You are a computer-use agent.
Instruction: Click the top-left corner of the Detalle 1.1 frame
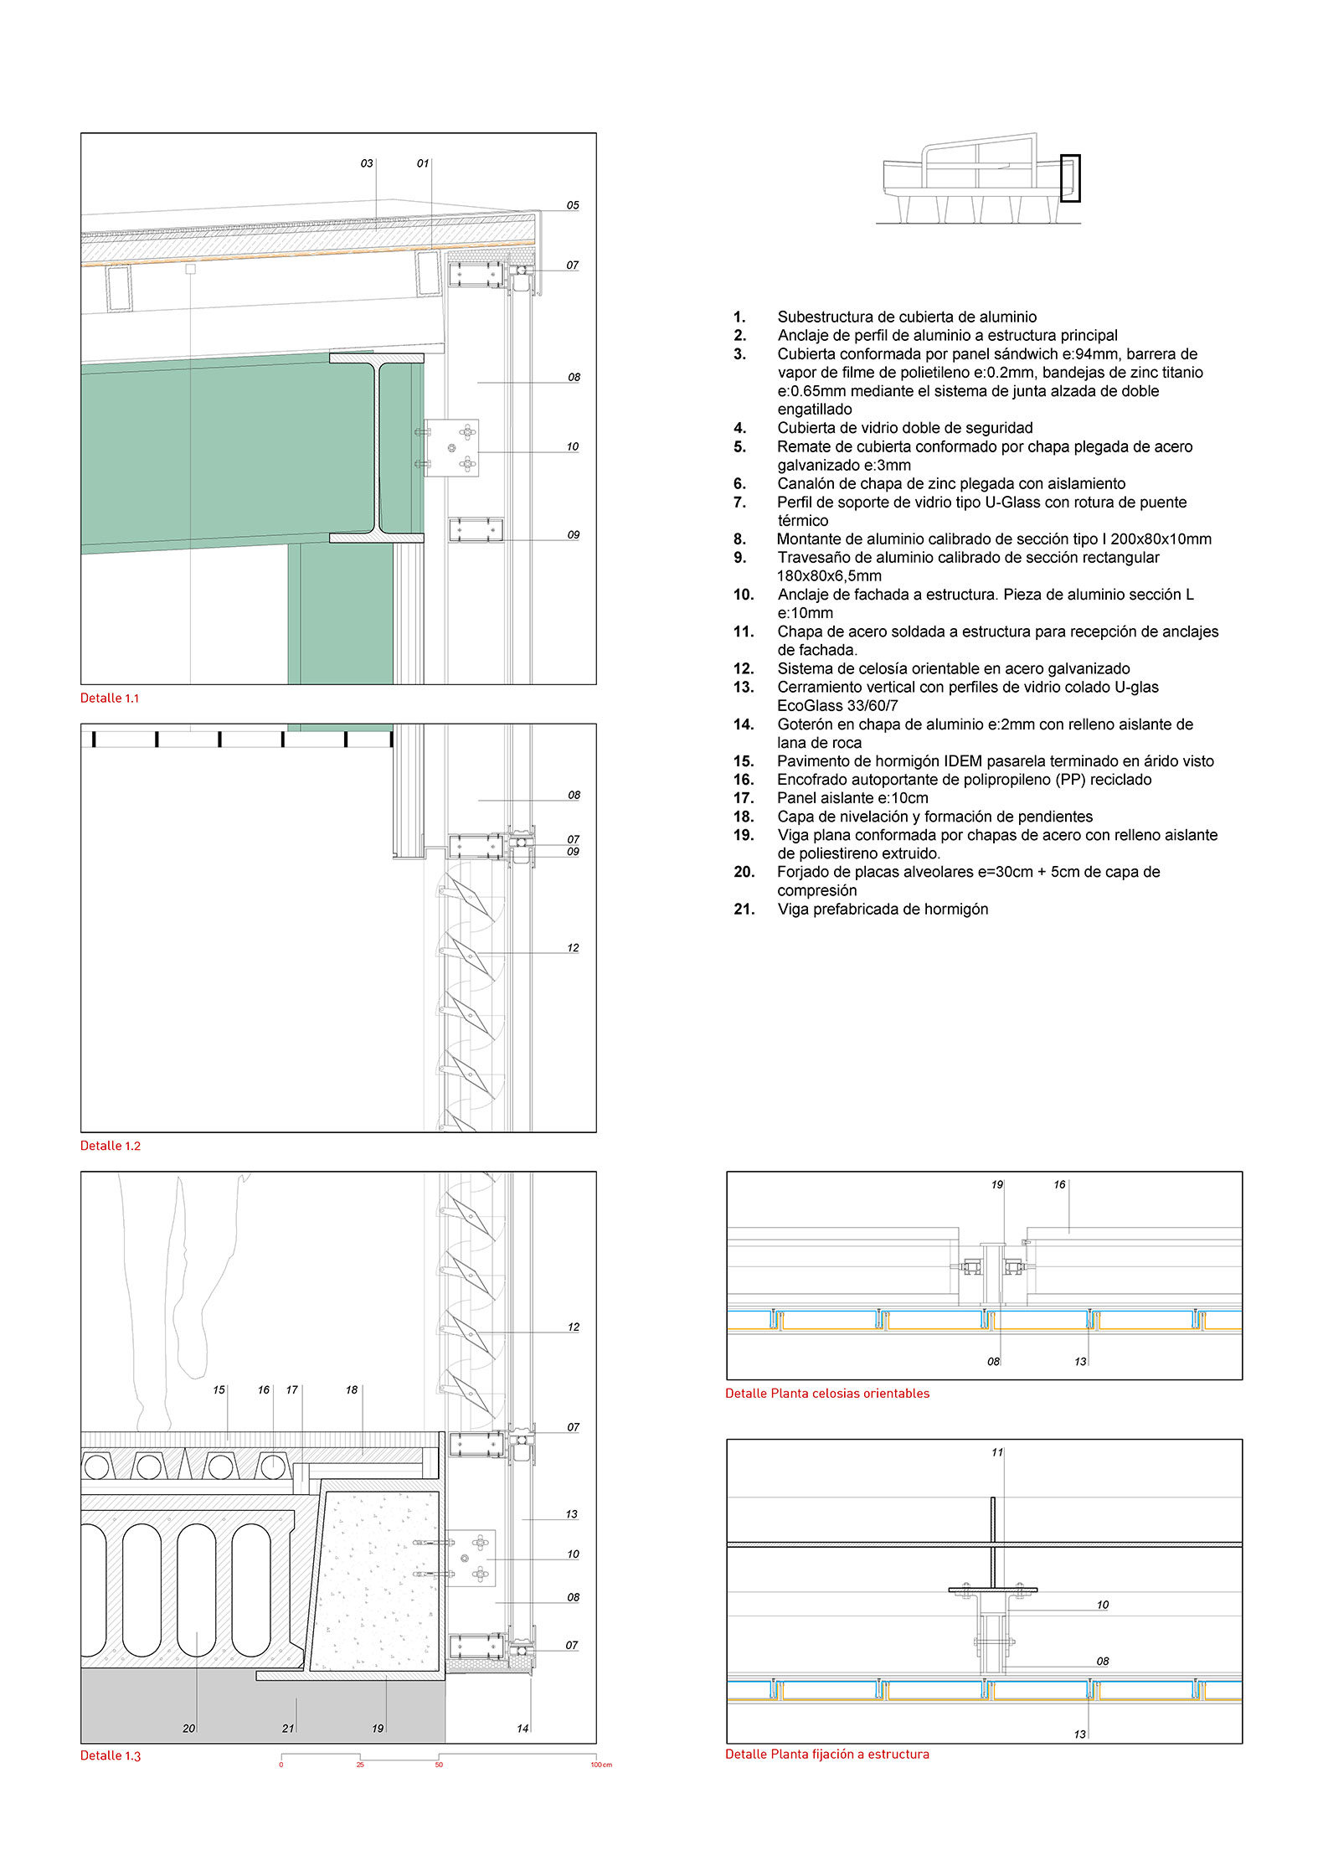pyautogui.click(x=81, y=133)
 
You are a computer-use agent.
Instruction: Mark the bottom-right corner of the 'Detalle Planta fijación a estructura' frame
pyautogui.click(x=1243, y=1743)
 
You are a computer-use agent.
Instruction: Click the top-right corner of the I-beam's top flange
pyautogui.click(x=424, y=353)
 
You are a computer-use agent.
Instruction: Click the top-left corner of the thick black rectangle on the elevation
pyautogui.click(x=1061, y=155)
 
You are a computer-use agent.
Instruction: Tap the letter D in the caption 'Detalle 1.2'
pyautogui.click(x=85, y=1146)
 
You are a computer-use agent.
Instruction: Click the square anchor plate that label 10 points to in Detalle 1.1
pyautogui.click(x=451, y=448)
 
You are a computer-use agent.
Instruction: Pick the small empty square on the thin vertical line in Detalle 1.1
pyautogui.click(x=191, y=269)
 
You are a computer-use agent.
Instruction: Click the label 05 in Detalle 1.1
pyautogui.click(x=573, y=205)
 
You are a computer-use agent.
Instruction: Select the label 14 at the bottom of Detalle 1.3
pyautogui.click(x=523, y=1729)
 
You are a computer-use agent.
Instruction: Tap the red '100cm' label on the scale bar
pyautogui.click(x=601, y=1765)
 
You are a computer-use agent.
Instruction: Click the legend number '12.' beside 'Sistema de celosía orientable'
pyautogui.click(x=744, y=668)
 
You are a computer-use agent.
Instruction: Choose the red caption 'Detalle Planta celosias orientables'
pyautogui.click(x=827, y=1394)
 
